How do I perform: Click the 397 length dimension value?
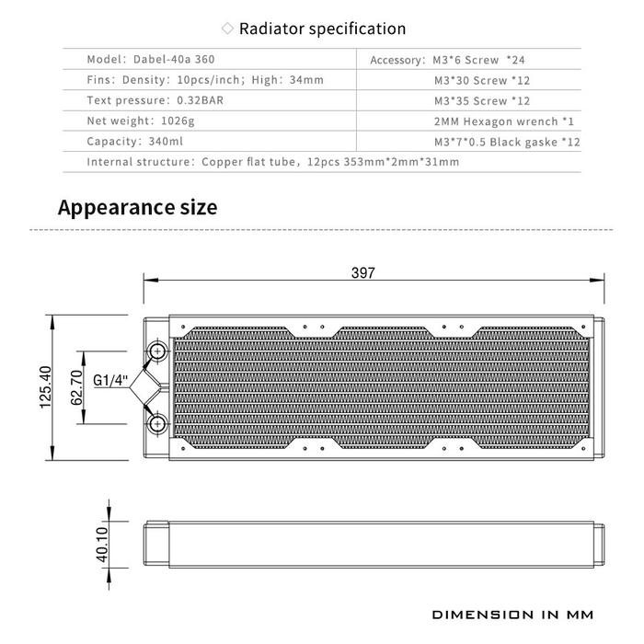click(363, 272)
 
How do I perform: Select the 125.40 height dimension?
click(46, 387)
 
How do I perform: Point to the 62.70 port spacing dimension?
click(76, 387)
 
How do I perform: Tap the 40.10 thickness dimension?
click(102, 545)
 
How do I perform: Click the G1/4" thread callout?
click(110, 380)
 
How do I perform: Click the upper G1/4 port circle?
click(157, 351)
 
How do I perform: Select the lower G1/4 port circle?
click(157, 424)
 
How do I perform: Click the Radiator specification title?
click(322, 29)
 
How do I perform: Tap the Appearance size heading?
click(138, 207)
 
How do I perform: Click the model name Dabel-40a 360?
click(174, 59)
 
